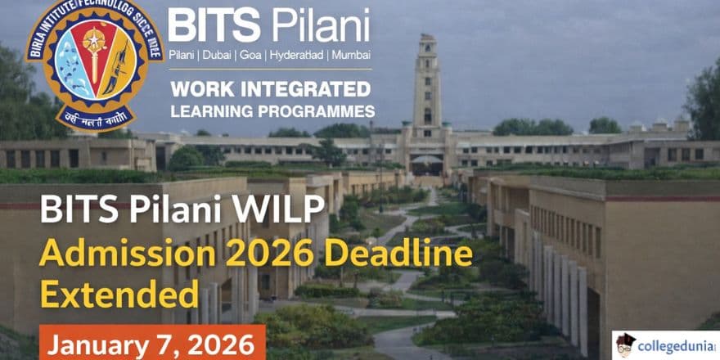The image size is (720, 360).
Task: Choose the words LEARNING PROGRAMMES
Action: pyautogui.click(x=272, y=110)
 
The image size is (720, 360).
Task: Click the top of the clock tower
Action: pyautogui.click(x=426, y=41)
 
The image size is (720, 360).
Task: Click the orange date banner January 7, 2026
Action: pyautogui.click(x=151, y=343)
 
